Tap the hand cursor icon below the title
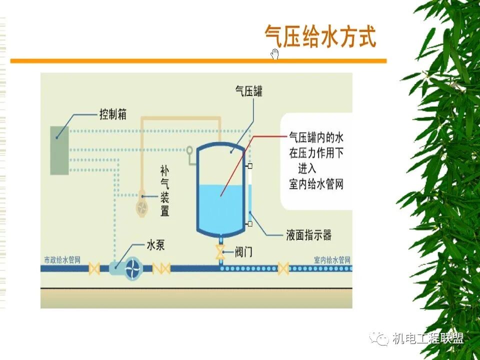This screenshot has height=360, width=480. [x=274, y=54]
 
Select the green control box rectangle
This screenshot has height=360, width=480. [x=59, y=150]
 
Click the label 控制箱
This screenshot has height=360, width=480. [x=112, y=115]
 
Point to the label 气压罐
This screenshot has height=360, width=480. [x=249, y=91]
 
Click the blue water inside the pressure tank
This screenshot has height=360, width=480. [x=220, y=205]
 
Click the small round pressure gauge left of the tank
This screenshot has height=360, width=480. [x=189, y=150]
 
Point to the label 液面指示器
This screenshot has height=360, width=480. [x=308, y=235]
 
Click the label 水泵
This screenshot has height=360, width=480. [x=155, y=245]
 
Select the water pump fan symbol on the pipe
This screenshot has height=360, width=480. [x=133, y=268]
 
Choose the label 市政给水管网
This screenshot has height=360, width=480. [x=62, y=260]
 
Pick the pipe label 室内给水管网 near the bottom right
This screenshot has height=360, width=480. [x=332, y=260]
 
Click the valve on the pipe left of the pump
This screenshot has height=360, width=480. [x=93, y=268]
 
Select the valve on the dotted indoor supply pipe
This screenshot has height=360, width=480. [x=283, y=268]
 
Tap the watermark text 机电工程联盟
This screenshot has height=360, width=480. [x=428, y=338]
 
